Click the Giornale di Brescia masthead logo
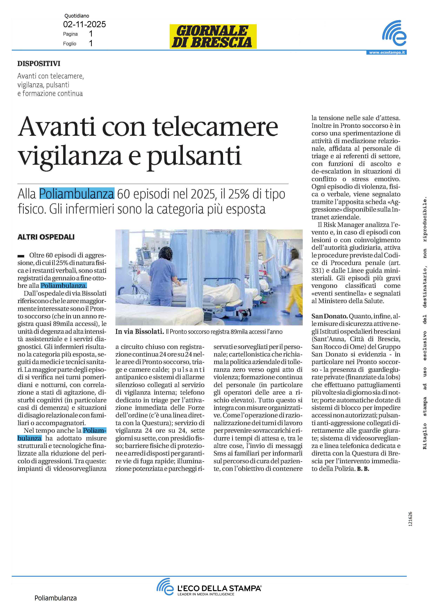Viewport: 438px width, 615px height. pyautogui.click(x=213, y=36)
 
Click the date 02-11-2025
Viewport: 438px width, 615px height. pyautogui.click(x=84, y=25)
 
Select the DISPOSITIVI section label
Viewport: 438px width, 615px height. pyautogui.click(x=39, y=64)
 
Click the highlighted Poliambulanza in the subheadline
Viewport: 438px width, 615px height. pyautogui.click(x=77, y=194)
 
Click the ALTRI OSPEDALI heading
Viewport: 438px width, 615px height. pyautogui.click(x=46, y=237)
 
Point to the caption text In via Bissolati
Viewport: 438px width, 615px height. pyautogui.click(x=140, y=332)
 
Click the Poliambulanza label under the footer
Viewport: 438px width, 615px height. pyautogui.click(x=56, y=598)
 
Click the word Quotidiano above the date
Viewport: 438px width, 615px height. pyautogui.click(x=77, y=16)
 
